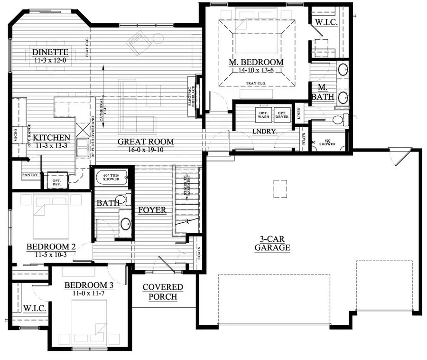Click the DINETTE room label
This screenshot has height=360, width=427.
coord(51,52)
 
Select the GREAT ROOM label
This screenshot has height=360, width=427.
coord(146,142)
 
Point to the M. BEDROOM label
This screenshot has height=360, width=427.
coord(256,62)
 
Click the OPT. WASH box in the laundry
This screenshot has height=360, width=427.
coord(263,114)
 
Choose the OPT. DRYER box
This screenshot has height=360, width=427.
coord(282,114)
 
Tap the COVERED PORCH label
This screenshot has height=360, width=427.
coord(163,292)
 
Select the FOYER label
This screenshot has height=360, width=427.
coord(152,210)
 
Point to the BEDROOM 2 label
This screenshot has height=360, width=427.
coord(51,247)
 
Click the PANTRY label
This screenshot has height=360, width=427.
coord(30,175)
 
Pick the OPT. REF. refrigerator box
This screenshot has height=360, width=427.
coord(56,181)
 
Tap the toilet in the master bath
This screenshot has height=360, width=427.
coord(341,119)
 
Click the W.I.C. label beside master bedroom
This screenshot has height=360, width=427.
coord(324,21)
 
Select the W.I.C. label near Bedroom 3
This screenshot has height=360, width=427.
coord(35,309)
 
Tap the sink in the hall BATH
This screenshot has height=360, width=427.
coord(125,223)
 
